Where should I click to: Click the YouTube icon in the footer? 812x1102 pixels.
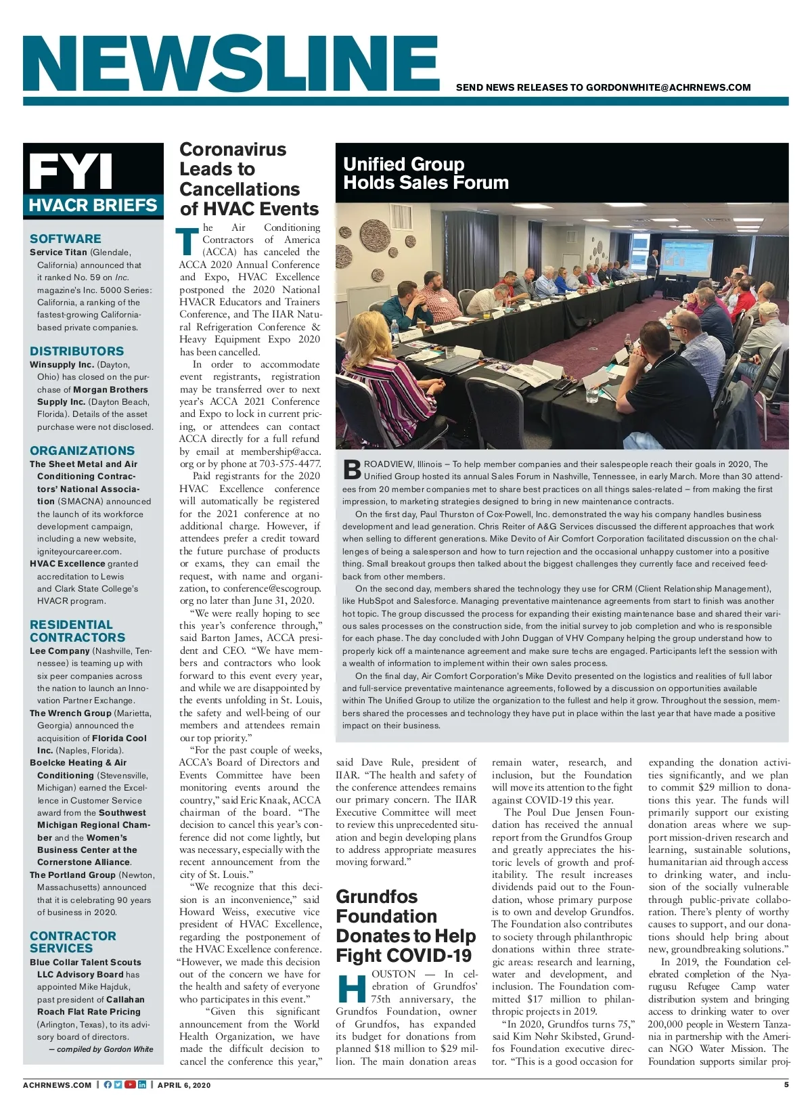pos(130,1084)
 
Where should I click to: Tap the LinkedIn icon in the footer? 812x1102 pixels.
pos(142,1084)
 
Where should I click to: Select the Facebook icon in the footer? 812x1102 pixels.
pos(108,1084)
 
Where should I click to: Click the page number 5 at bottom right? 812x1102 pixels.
pos(786,1084)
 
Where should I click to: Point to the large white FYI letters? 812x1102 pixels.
pos(71,171)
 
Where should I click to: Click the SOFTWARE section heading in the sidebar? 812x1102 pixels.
pos(66,239)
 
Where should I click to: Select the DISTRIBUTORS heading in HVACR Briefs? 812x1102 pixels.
pos(77,351)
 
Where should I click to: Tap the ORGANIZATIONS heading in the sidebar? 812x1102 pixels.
pos(83,451)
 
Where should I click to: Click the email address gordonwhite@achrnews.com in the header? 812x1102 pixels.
pos(668,87)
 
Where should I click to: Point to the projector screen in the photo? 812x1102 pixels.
pos(685,257)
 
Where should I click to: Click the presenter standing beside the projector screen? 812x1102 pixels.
pos(653,263)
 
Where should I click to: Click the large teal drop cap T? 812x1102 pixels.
pos(188,242)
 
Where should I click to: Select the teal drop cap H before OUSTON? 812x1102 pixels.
pos(351,988)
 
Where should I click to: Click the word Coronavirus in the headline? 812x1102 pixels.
pos(233,150)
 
